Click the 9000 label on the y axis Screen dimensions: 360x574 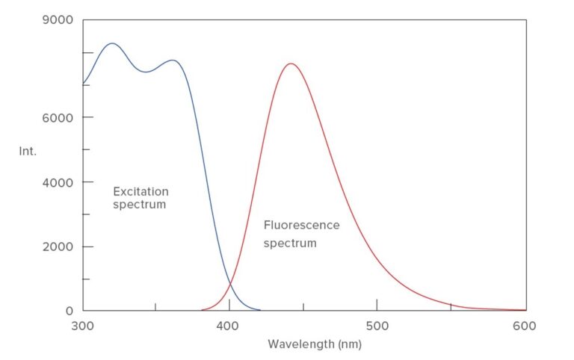click(x=56, y=20)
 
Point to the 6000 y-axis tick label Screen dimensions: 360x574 click(x=57, y=117)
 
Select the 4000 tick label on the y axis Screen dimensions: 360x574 click(x=57, y=182)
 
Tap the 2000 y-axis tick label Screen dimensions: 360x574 click(x=57, y=246)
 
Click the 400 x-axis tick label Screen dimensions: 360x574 click(x=229, y=326)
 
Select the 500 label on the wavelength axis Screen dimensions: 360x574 click(x=377, y=326)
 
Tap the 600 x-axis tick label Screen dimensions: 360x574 click(x=525, y=326)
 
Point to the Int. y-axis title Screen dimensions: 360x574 click(x=27, y=151)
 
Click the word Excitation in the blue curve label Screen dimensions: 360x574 click(x=141, y=191)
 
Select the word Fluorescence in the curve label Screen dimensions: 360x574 click(x=301, y=225)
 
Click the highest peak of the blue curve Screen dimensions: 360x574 click(x=112, y=43)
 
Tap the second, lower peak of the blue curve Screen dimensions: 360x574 click(x=173, y=60)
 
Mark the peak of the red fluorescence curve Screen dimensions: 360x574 click(x=290, y=63)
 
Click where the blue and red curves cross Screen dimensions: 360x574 click(x=230, y=282)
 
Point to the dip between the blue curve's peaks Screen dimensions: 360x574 click(x=146, y=72)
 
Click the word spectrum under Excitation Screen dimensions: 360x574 click(x=139, y=205)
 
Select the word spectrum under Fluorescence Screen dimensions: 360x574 click(x=290, y=243)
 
